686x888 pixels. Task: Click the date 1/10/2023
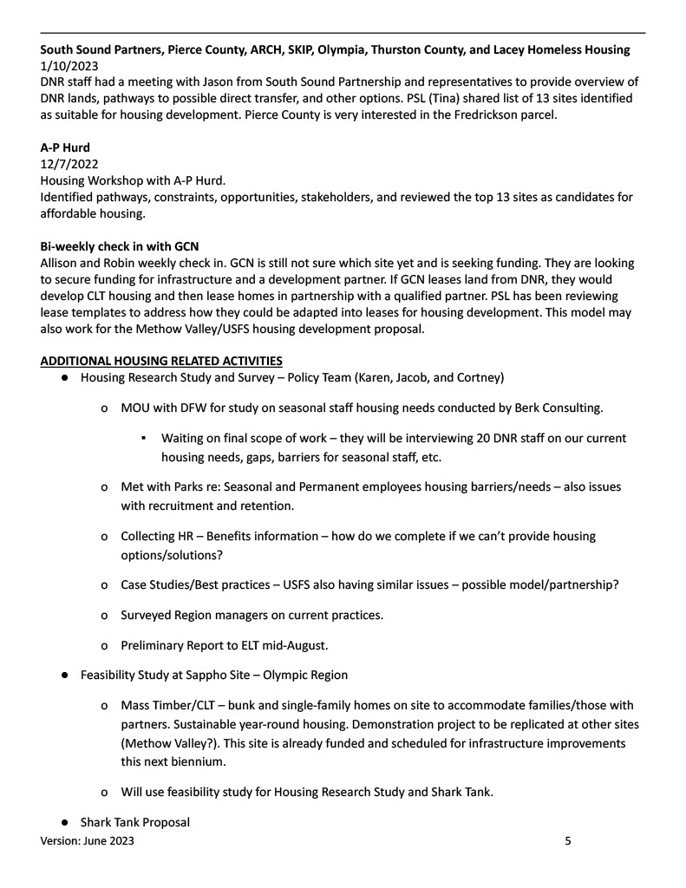click(69, 65)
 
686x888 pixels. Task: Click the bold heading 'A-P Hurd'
click(65, 147)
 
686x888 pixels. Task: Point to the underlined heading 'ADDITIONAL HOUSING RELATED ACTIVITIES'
click(161, 361)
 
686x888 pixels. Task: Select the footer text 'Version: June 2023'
click(88, 840)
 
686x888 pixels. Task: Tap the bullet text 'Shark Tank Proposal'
click(135, 822)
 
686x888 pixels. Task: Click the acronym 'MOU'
click(136, 408)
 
